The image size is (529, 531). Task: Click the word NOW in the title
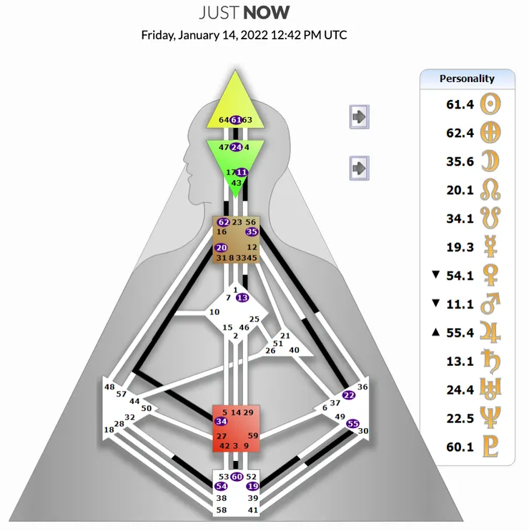point(267,12)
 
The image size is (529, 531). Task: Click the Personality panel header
point(467,79)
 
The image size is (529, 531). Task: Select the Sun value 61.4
point(460,104)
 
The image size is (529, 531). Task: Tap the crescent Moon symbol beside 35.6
point(493,162)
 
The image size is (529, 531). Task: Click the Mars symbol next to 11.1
point(493,304)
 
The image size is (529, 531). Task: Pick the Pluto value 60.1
point(460,447)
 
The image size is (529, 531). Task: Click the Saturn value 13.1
point(460,362)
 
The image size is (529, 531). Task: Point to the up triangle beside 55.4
point(436,333)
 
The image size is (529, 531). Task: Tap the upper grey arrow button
point(359,116)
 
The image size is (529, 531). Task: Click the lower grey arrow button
point(359,168)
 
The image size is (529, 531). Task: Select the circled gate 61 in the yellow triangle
point(235,120)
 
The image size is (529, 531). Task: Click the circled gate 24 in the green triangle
point(235,147)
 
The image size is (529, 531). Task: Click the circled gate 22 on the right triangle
point(348,395)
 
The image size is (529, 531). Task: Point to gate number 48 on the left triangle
point(109,387)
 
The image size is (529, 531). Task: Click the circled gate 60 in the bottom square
point(236,477)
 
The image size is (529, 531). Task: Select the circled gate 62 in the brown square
point(222,222)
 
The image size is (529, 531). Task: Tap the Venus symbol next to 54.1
point(493,276)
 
